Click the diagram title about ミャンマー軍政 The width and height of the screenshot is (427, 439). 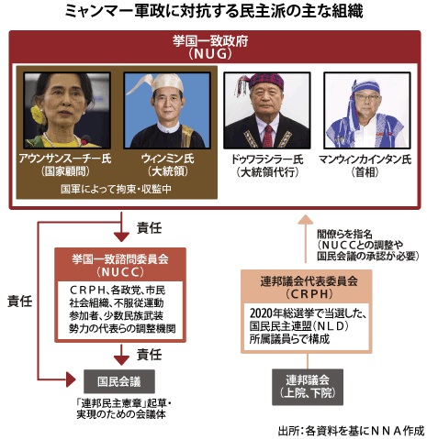click(214, 11)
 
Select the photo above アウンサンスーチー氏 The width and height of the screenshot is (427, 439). click(67, 111)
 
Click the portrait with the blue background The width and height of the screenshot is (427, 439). click(167, 111)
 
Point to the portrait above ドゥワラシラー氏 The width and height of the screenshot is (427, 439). click(267, 111)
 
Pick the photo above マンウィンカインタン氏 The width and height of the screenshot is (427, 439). click(367, 111)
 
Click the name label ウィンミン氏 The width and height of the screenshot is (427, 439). click(167, 159)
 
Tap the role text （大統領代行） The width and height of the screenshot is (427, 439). click(267, 172)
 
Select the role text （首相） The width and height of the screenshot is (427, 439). click(365, 172)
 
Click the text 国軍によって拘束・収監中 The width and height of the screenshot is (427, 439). click(117, 189)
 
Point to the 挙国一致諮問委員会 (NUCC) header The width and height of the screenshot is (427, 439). click(120, 265)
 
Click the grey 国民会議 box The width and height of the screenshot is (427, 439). click(119, 381)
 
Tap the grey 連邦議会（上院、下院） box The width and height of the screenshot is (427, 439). click(308, 387)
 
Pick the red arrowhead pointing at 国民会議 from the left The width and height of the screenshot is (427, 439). click(71, 379)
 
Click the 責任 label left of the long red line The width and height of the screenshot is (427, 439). click(20, 302)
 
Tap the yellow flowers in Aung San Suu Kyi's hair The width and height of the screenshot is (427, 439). click(39, 115)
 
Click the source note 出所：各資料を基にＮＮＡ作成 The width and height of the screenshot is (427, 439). click(351, 431)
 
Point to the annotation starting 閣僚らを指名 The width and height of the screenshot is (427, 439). click(367, 245)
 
